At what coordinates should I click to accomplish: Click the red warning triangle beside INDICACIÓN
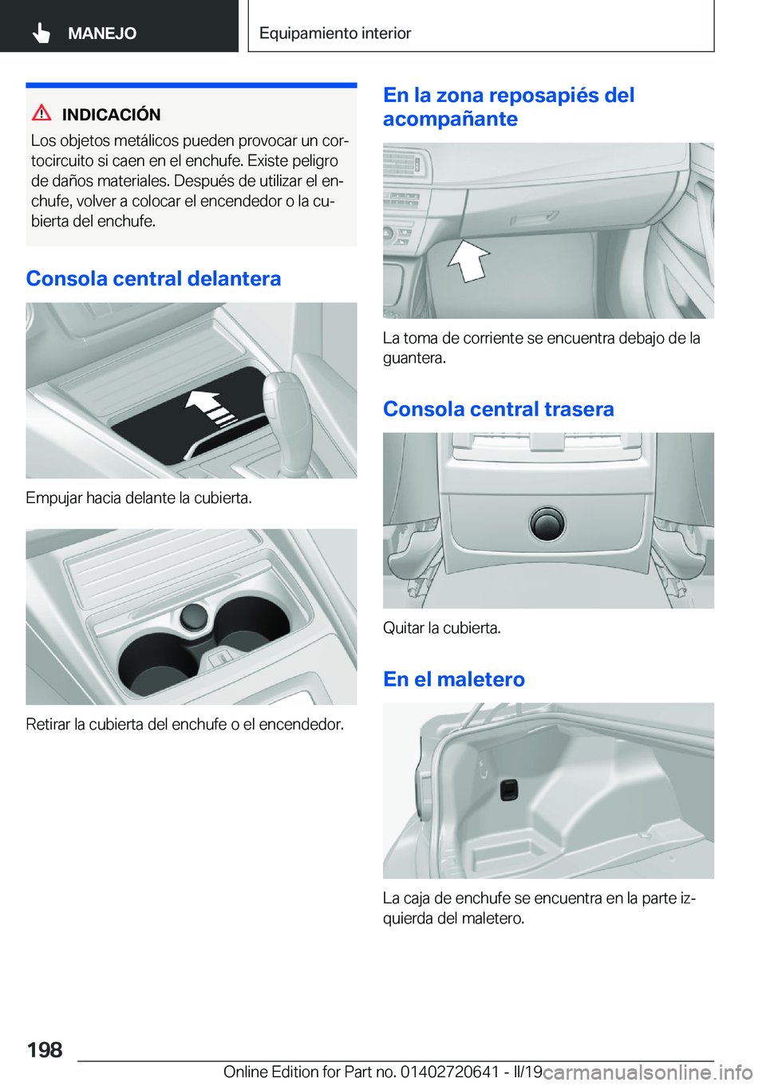41,113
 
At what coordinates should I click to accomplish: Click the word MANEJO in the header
102,33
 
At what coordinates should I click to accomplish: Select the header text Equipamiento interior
335,33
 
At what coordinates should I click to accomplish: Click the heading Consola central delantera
153,278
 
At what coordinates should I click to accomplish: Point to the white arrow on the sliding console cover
210,407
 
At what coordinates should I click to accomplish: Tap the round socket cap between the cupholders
194,616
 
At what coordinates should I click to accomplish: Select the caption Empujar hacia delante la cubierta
139,498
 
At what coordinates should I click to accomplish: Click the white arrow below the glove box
468,261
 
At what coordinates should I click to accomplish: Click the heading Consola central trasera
498,409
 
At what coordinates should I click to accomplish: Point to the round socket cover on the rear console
547,525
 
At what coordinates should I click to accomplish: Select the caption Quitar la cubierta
441,628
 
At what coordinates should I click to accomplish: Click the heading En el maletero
453,679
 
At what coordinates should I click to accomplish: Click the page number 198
45,1050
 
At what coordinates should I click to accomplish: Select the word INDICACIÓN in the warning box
111,114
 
